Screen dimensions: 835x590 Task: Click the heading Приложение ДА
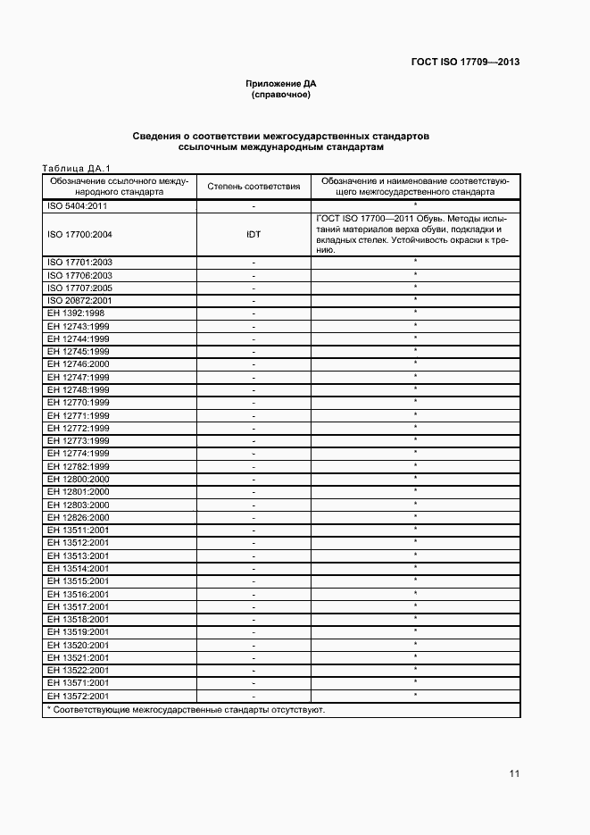(x=281, y=83)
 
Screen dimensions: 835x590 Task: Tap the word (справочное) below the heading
(x=281, y=94)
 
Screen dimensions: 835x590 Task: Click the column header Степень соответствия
(x=253, y=186)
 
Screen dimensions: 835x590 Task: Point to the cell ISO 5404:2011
(x=78, y=205)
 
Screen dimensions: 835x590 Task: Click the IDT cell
(x=253, y=234)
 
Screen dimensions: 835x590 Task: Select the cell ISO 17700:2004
(x=79, y=234)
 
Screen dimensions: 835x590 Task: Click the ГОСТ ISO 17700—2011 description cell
(x=414, y=234)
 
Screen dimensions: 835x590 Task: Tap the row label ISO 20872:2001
(x=79, y=300)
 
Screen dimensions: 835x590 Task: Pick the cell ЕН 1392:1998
(x=78, y=313)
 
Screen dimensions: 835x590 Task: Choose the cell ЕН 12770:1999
(x=78, y=403)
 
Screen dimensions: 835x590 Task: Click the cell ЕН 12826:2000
(x=78, y=517)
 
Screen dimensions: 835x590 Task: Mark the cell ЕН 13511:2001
(x=78, y=530)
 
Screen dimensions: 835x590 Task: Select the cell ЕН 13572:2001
(x=78, y=696)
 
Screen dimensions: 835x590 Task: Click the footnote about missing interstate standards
(x=186, y=710)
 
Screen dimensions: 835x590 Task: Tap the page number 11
(x=514, y=773)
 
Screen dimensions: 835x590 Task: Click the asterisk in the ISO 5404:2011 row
(x=415, y=205)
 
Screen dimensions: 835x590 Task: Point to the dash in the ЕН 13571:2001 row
(x=253, y=683)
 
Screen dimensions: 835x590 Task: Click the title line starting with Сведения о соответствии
(x=281, y=137)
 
